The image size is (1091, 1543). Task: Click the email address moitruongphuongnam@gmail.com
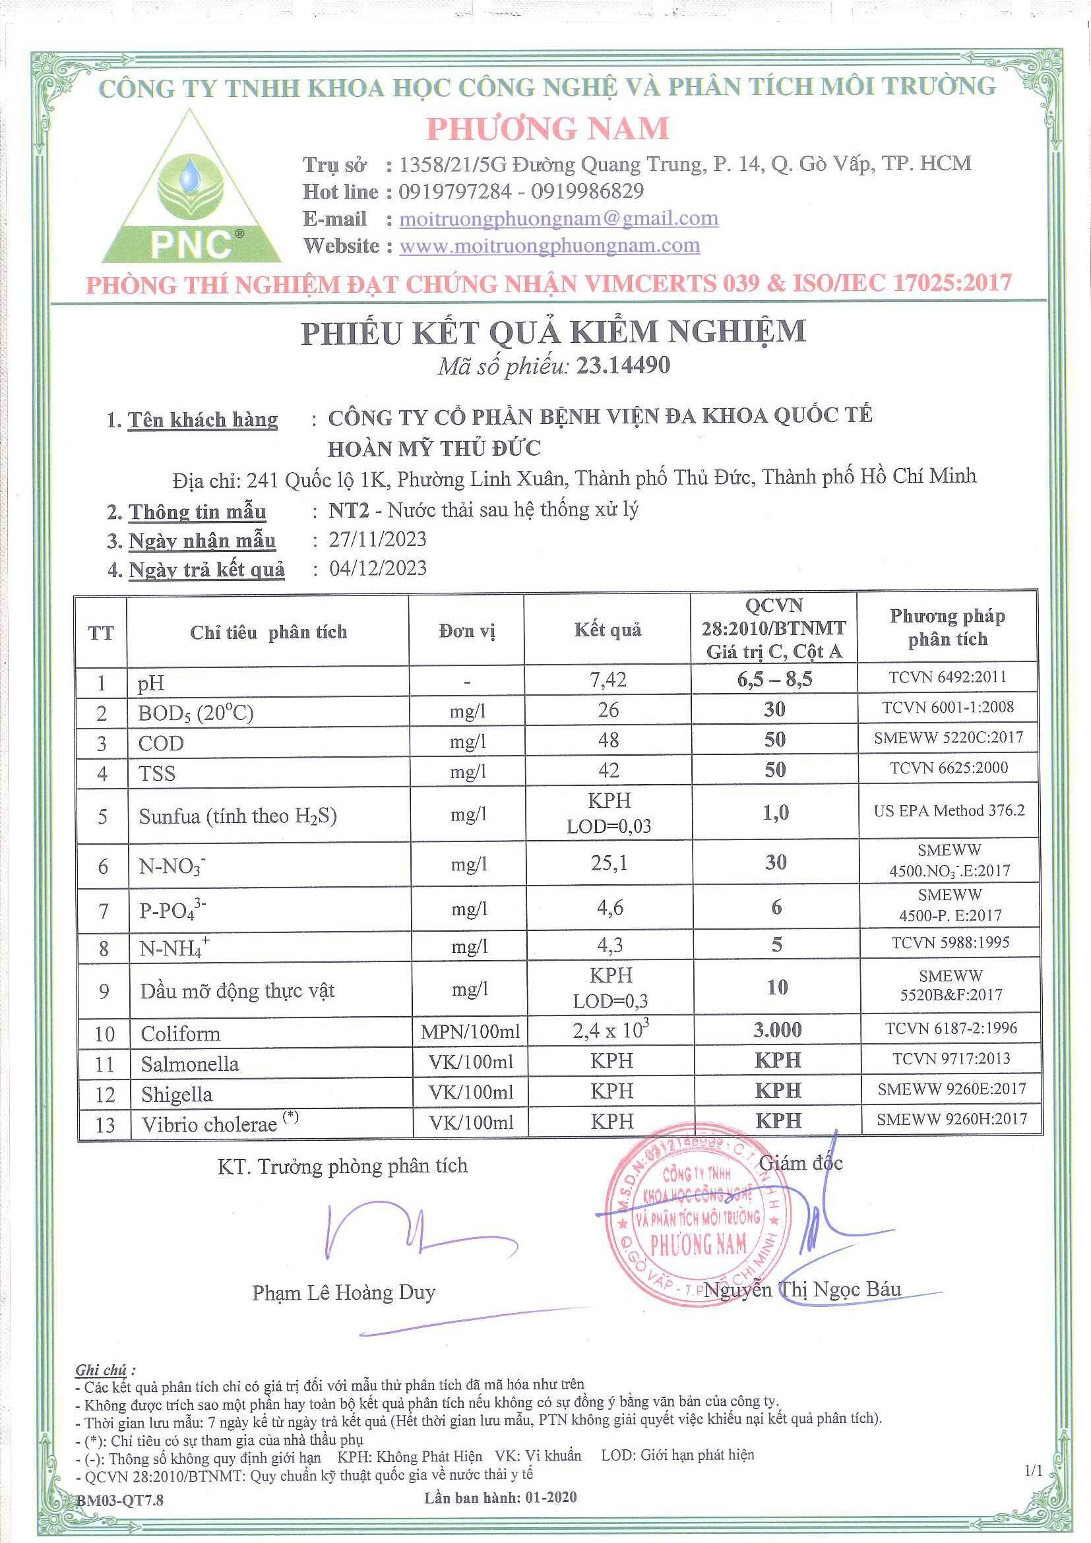pyautogui.click(x=558, y=218)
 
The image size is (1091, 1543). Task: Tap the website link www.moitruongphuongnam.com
pyautogui.click(x=549, y=246)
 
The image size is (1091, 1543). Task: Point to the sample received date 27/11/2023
pyautogui.click(x=377, y=539)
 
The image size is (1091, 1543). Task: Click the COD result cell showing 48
pyautogui.click(x=608, y=740)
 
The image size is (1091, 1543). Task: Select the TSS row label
pyautogui.click(x=156, y=773)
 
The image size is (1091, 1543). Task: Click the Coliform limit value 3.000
pyautogui.click(x=776, y=1029)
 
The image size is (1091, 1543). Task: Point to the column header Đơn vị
pyautogui.click(x=466, y=631)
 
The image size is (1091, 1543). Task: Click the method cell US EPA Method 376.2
pyautogui.click(x=949, y=810)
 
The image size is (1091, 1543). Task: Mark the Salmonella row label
pyautogui.click(x=189, y=1063)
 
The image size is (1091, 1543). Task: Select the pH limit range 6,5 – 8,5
pyautogui.click(x=774, y=679)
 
